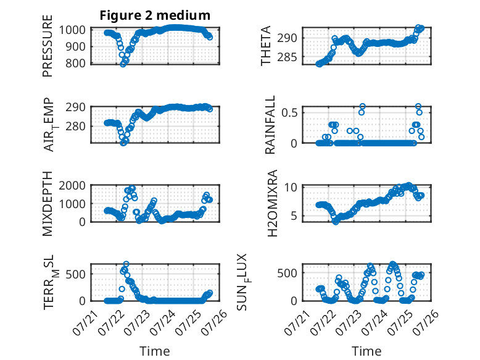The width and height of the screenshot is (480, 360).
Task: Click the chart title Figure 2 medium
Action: (155, 15)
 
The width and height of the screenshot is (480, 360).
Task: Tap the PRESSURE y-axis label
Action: (48, 46)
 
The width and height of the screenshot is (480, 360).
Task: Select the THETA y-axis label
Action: (266, 46)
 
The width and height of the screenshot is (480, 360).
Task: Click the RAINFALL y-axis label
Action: (270, 124)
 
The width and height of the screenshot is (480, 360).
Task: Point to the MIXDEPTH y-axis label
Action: (48, 203)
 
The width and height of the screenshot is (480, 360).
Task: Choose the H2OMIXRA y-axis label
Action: (272, 203)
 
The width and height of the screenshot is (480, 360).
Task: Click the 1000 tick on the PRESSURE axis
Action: (72, 30)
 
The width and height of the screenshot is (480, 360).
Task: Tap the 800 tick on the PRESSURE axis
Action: (75, 63)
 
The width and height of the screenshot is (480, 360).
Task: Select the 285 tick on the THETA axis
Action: (287, 57)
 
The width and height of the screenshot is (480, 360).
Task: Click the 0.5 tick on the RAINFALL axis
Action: (289, 112)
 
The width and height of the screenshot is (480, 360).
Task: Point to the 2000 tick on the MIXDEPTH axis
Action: (72, 185)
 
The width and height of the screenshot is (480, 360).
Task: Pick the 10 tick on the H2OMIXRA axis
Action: (291, 187)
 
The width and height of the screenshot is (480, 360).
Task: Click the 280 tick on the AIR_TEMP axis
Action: (75, 126)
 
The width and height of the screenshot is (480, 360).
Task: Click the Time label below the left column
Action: (155, 351)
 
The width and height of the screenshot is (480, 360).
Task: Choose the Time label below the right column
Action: (366, 351)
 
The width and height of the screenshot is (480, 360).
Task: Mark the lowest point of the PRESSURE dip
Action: (123, 64)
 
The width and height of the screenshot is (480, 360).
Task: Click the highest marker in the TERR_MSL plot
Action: (126, 264)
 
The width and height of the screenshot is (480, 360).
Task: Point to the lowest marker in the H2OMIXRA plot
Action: (336, 222)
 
